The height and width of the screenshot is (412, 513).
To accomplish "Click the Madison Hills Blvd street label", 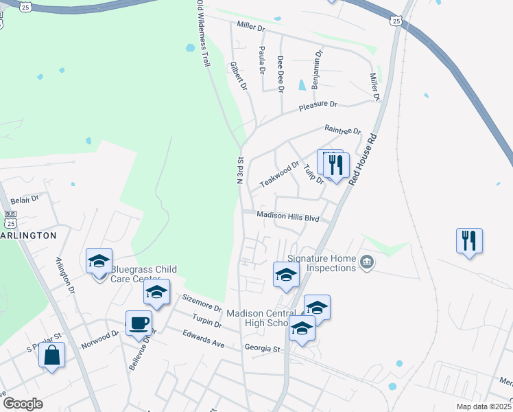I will click(288, 216).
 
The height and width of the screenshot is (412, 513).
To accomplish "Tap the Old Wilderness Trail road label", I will click(202, 33).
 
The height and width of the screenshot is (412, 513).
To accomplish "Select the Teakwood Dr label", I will click(280, 175).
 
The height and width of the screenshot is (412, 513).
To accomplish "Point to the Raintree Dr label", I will click(342, 130).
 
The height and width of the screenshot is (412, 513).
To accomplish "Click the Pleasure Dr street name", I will click(318, 106).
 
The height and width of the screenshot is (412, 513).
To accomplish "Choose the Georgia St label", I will click(263, 349).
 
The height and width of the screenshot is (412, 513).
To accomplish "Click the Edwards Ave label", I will click(204, 338).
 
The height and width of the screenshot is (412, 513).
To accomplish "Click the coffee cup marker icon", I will click(139, 321).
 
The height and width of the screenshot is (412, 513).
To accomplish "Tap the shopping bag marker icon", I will click(51, 355).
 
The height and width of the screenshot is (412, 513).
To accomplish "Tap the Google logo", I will click(22, 404).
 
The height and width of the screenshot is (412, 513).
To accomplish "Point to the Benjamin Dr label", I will click(315, 69).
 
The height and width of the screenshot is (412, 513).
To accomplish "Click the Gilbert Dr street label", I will click(238, 76).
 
